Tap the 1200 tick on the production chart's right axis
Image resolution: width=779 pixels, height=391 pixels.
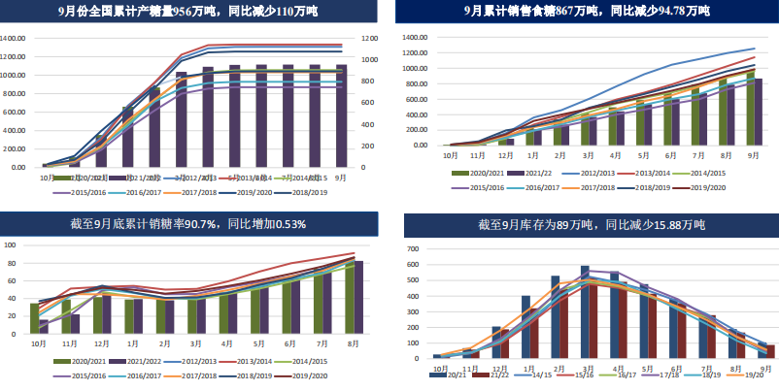pyautogui.click(x=369, y=39)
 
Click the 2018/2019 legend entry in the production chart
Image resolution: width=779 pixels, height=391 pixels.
pyautogui.click(x=290, y=192)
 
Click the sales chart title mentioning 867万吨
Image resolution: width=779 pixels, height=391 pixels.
pyautogui.click(x=587, y=13)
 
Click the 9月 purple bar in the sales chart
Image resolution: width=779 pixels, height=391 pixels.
pyautogui.click(x=758, y=112)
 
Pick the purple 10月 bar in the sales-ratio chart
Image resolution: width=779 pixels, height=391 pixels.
pyautogui.click(x=44, y=326)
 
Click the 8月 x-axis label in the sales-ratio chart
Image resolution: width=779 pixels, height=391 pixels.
pyautogui.click(x=353, y=343)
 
